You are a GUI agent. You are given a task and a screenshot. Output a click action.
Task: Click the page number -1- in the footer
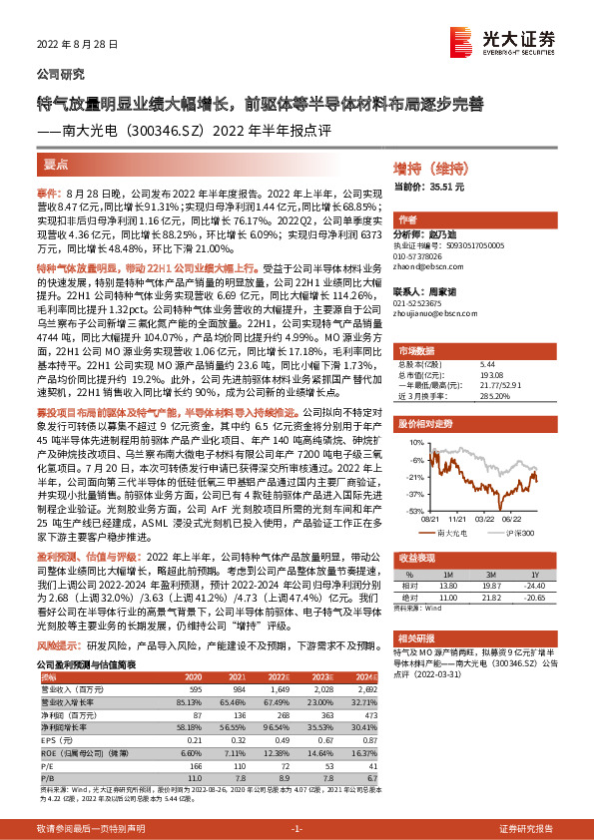296,829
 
